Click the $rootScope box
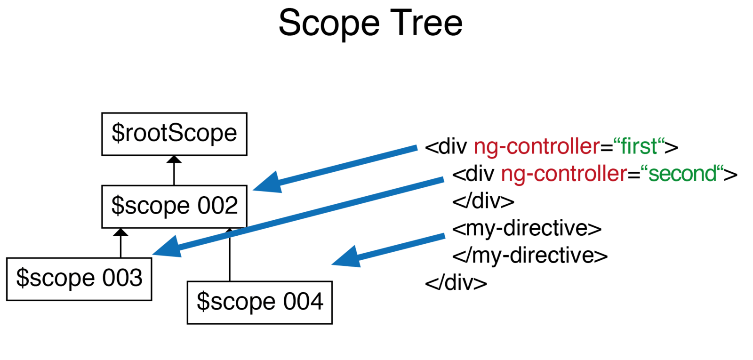click(x=174, y=134)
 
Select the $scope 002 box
click(x=174, y=207)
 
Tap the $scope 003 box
click(x=79, y=279)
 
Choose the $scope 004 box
click(x=259, y=303)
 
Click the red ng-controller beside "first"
click(x=537, y=147)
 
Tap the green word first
click(x=639, y=146)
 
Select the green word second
click(x=682, y=174)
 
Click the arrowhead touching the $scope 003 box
click(x=167, y=248)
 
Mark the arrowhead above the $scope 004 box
click(x=346, y=258)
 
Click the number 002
click(x=217, y=206)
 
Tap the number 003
click(x=122, y=278)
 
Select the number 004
click(x=303, y=302)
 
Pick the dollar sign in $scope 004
click(x=202, y=302)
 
